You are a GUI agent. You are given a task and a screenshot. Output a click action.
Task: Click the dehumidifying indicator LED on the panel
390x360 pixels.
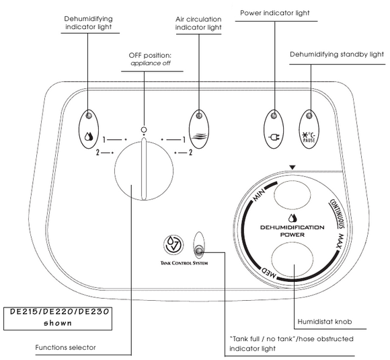tap(89, 116)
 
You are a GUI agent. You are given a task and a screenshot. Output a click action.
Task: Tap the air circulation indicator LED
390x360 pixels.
tap(199, 116)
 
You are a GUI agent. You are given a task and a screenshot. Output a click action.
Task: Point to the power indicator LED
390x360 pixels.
tap(274, 116)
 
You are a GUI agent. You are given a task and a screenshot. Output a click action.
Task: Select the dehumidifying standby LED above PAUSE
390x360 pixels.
tap(309, 116)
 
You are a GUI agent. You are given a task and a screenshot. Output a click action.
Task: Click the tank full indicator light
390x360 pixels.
tap(198, 251)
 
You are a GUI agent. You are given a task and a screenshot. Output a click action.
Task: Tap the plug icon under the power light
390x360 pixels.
tap(274, 137)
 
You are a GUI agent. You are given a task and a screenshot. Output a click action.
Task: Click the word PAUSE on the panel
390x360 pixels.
tap(309, 141)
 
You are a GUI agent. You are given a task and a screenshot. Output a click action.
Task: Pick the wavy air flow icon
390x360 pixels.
tap(200, 137)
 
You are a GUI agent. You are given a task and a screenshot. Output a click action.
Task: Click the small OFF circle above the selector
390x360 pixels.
tap(143, 130)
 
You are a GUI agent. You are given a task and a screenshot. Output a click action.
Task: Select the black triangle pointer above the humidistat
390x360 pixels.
tap(292, 168)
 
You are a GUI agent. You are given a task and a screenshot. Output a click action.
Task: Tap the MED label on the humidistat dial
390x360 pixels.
tap(268, 273)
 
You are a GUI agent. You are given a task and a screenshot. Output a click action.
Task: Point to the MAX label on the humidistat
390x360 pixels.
tap(340, 242)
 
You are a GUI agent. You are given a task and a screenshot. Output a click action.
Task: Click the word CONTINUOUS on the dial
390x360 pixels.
tap(338, 213)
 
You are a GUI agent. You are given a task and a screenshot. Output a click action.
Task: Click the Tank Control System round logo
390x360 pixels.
tap(173, 244)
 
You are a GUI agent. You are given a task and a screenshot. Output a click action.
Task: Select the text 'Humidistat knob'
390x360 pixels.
tap(325, 322)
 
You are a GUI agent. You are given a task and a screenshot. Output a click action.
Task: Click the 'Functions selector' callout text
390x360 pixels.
tap(65, 347)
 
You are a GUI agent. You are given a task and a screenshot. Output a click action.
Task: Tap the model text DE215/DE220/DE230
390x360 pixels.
tap(59, 312)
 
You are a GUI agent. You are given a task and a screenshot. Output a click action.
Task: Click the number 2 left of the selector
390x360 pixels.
tap(97, 152)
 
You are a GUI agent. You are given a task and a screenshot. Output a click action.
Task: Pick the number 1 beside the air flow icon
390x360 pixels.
tap(184, 140)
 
